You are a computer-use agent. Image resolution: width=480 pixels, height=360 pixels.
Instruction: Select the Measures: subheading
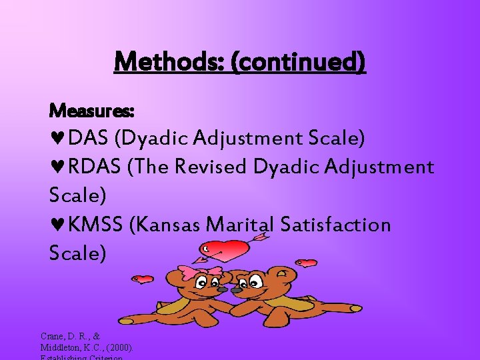pos(92,109)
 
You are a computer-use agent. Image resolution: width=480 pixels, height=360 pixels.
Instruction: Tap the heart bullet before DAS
pos(57,139)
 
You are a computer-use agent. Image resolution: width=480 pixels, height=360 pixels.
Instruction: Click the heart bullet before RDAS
pos(57,167)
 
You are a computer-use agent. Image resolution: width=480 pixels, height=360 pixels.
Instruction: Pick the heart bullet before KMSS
pos(57,225)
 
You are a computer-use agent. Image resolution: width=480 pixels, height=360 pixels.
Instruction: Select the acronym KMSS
pos(97,225)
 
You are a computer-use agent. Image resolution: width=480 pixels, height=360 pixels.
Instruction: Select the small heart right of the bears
pos(307,263)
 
